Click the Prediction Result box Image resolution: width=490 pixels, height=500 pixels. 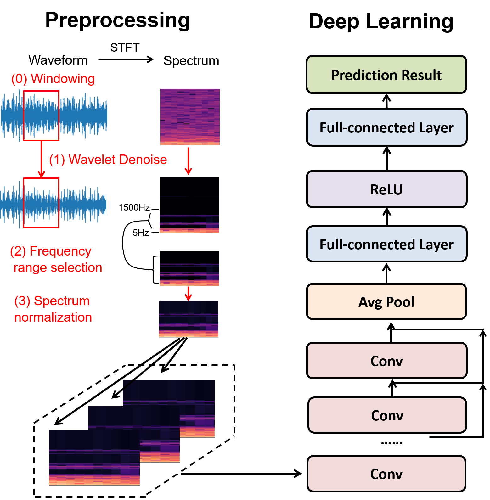pyautogui.click(x=386, y=75)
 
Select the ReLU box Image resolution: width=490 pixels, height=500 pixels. pyautogui.click(x=386, y=189)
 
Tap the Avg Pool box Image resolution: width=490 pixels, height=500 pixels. pyautogui.click(x=386, y=301)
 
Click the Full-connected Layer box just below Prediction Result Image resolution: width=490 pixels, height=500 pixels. pyautogui.click(x=386, y=127)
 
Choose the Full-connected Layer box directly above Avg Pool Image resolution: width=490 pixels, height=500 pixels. pyautogui.click(x=386, y=244)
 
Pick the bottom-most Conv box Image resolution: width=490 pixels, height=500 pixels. pyautogui.click(x=386, y=474)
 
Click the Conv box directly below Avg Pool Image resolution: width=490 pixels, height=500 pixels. pyautogui.click(x=386, y=360)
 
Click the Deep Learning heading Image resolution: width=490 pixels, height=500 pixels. pyautogui.click(x=381, y=22)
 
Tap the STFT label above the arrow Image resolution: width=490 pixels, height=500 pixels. pyautogui.click(x=125, y=48)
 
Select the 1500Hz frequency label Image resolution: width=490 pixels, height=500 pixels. pyautogui.click(x=134, y=207)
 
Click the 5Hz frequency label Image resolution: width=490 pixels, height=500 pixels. pyautogui.click(x=141, y=233)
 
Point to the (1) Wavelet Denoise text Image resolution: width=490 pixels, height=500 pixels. pyautogui.click(x=108, y=159)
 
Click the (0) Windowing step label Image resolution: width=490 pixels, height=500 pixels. pyautogui.click(x=53, y=78)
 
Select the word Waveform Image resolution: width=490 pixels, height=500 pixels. pyautogui.click(x=58, y=60)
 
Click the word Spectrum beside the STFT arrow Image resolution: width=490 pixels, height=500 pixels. pyautogui.click(x=191, y=60)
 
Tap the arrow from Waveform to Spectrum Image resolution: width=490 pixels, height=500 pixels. pyautogui.click(x=126, y=59)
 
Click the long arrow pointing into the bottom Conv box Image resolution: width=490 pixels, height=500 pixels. pyautogui.click(x=241, y=473)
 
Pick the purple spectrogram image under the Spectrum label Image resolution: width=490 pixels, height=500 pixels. pyautogui.click(x=190, y=117)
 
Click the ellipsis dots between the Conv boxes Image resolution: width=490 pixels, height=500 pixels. pyautogui.click(x=391, y=443)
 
